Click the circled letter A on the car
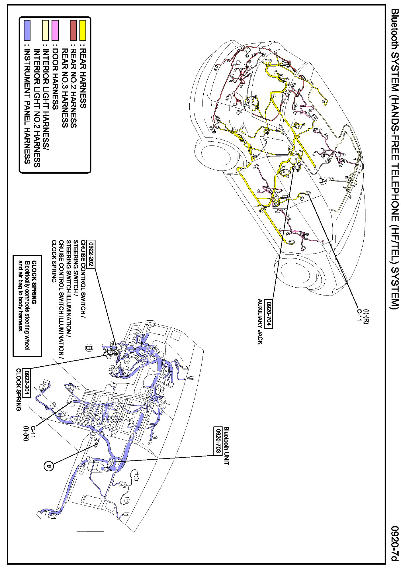click(322, 181)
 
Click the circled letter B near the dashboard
click(89, 348)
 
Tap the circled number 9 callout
click(49, 466)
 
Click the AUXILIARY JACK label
click(260, 321)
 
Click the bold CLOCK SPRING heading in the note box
click(34, 282)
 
